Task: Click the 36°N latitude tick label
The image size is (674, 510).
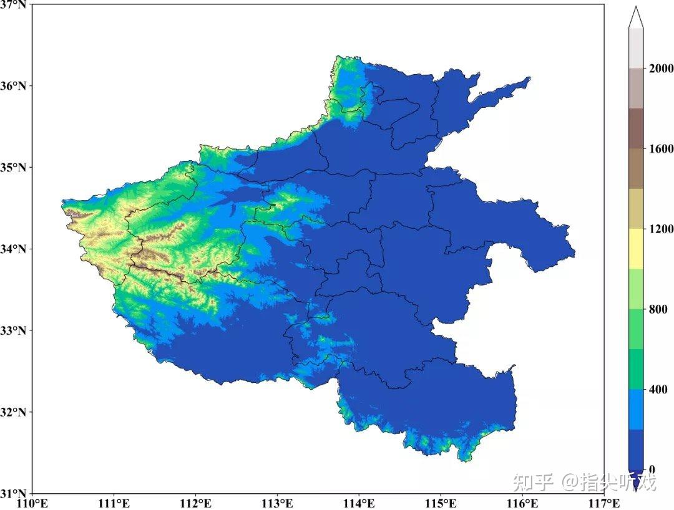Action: coord(14,85)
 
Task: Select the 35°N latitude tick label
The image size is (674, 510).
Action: coord(14,167)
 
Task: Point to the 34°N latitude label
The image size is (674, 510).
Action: coord(14,249)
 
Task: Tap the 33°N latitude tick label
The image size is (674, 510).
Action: coord(14,330)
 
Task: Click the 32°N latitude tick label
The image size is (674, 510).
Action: coord(14,412)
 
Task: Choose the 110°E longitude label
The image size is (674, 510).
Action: coord(32,503)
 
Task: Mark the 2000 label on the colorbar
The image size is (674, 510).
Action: coord(661,69)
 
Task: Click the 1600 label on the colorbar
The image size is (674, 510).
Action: coord(661,149)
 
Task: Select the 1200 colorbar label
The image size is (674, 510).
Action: coord(661,229)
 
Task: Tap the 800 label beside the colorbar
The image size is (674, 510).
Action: coord(658,309)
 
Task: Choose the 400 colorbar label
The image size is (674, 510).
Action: coord(658,390)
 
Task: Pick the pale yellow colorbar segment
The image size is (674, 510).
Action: coord(636,249)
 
